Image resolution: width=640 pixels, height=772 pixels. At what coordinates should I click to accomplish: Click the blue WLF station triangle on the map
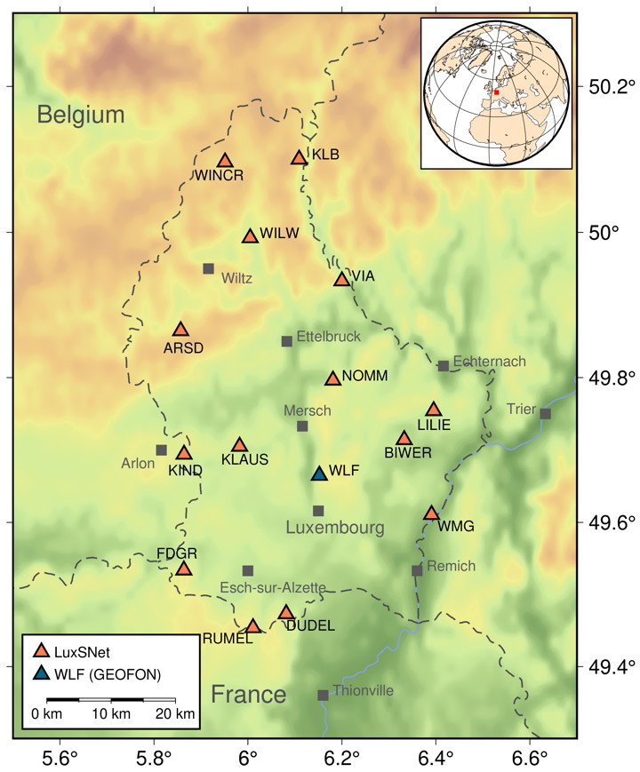[319, 474]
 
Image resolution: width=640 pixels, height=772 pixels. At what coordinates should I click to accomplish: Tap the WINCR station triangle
[225, 161]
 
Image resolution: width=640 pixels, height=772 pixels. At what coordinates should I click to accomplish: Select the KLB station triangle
[299, 158]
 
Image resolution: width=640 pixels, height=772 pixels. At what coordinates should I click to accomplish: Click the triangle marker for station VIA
[341, 280]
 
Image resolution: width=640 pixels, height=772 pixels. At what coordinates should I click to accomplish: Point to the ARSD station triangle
[181, 330]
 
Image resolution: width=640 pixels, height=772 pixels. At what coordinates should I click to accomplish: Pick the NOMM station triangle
[332, 378]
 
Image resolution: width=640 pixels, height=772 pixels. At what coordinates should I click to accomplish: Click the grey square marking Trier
[545, 413]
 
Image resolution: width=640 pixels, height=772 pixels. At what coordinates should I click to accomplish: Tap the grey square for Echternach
[443, 366]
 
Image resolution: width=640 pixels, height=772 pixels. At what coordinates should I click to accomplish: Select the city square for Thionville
[323, 696]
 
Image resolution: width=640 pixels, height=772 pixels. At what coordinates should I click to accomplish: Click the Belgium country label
[81, 114]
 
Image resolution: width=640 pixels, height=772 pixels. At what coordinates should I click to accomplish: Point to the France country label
[249, 694]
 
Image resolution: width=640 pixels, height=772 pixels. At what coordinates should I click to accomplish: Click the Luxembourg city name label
[335, 529]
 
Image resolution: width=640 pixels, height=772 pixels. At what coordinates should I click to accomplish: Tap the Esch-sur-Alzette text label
[273, 588]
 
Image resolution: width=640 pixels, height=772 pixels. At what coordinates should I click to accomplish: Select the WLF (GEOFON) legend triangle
[40, 674]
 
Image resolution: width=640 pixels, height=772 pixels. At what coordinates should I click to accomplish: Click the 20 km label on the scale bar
[174, 714]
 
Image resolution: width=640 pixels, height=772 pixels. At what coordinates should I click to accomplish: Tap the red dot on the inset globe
[497, 92]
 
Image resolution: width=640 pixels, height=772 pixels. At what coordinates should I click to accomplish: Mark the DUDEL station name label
[310, 626]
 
